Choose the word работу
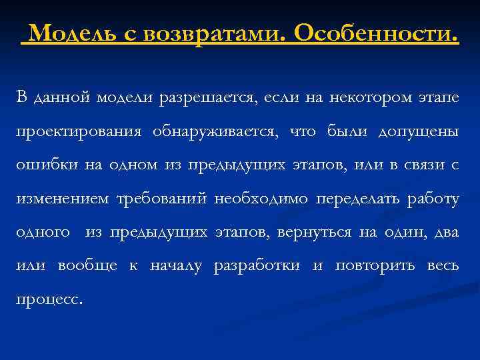435,199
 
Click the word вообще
87,266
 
